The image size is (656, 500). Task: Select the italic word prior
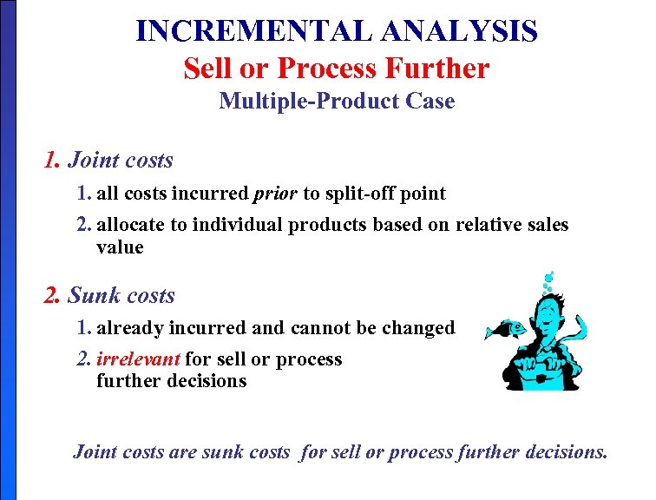tap(275, 193)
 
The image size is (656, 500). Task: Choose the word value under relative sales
tap(120, 247)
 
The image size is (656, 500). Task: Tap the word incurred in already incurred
tap(212, 327)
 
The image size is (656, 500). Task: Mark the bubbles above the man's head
tap(547, 280)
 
